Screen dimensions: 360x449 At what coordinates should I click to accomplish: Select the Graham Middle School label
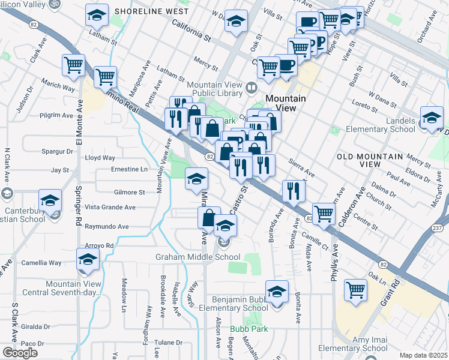pos(190,257)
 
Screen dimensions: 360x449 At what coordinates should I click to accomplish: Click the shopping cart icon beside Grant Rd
pos(355,290)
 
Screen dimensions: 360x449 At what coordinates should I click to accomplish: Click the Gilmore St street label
pos(129,193)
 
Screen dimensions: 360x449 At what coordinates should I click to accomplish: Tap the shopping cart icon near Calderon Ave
pos(324,213)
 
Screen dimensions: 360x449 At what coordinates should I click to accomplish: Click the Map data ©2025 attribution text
pos(423,355)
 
